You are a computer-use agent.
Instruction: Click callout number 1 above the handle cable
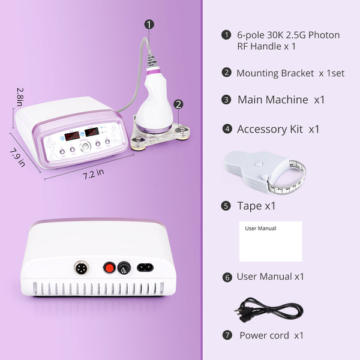149,25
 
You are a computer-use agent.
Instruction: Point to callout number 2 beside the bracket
178,104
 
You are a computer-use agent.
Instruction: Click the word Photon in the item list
323,35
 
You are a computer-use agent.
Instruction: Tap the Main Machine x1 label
281,100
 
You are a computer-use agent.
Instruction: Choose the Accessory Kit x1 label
278,129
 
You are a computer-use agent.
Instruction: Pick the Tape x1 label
256,206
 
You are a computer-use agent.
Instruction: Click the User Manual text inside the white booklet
260,229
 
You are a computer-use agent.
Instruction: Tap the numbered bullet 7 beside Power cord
227,335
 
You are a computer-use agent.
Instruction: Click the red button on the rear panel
109,267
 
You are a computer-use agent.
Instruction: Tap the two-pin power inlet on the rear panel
145,267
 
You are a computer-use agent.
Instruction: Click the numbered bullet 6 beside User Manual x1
227,277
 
